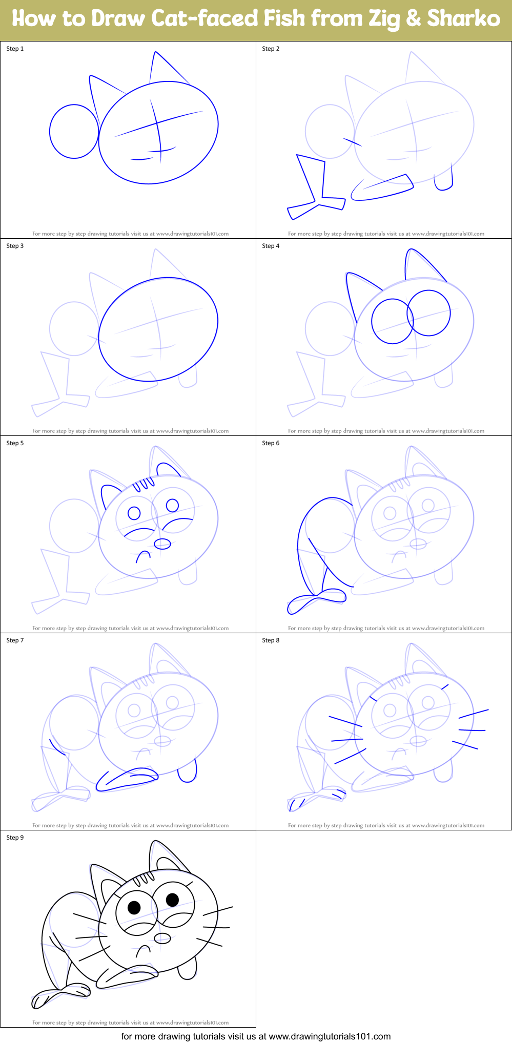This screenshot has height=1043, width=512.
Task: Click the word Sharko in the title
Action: coord(463,19)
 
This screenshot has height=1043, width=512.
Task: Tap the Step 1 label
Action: coord(15,49)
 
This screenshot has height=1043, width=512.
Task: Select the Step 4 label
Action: coord(271,246)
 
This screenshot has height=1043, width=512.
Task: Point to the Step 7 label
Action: coord(15,640)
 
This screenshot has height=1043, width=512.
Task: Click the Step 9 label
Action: coord(15,838)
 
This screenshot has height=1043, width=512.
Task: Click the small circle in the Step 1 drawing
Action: coord(74,132)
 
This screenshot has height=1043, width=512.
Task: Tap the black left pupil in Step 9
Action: coord(134,908)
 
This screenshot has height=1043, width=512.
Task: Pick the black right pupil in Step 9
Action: coord(172,899)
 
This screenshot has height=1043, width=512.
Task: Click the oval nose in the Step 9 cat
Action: coord(162,937)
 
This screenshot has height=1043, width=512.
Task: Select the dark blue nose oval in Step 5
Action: coord(162,543)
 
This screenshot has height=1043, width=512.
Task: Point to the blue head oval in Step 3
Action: coord(158,329)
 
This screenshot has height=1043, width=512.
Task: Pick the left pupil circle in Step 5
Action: coord(134,513)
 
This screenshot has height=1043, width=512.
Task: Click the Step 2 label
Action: coord(271,49)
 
